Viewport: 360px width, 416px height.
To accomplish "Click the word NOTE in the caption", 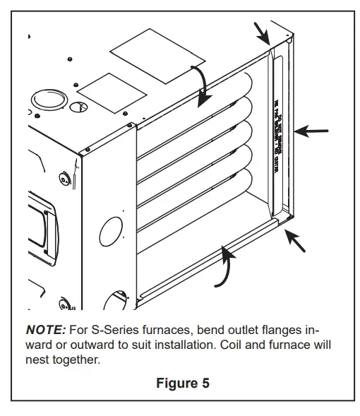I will (x=45, y=330).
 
